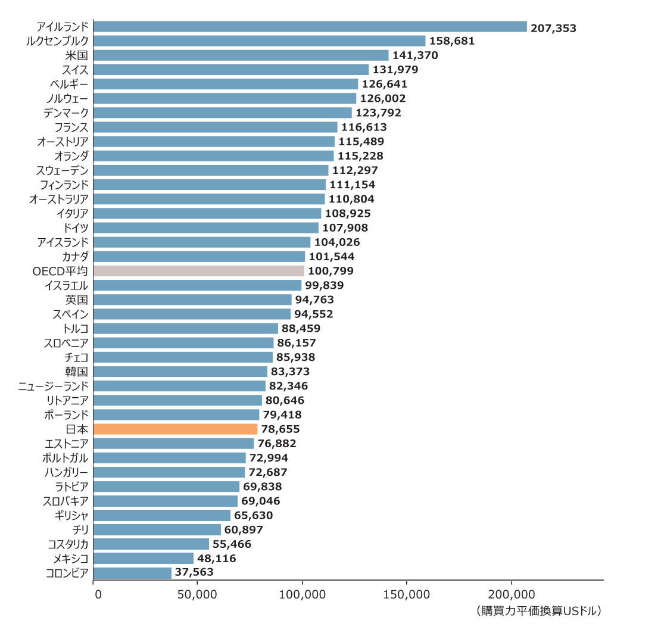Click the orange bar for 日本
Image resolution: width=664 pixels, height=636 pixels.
[176, 429]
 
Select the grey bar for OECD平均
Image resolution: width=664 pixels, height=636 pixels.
[199, 271]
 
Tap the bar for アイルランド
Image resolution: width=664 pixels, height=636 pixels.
[310, 27]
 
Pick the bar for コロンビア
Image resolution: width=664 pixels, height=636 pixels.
[133, 572]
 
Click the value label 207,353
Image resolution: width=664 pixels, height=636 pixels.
[554, 27]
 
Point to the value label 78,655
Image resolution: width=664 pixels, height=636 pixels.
[280, 429]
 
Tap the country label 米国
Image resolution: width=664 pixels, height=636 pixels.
[77, 55]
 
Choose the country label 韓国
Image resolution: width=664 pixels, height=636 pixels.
[77, 372]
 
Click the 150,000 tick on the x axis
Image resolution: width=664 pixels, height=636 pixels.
[406, 594]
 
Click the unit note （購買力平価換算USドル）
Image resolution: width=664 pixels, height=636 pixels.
[538, 611]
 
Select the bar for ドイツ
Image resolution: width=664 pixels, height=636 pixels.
[206, 227]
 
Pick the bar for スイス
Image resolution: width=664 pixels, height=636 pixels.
[231, 70]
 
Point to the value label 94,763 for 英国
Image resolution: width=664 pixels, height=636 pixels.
[314, 300]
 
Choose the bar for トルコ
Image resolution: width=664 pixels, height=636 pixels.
[186, 328]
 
